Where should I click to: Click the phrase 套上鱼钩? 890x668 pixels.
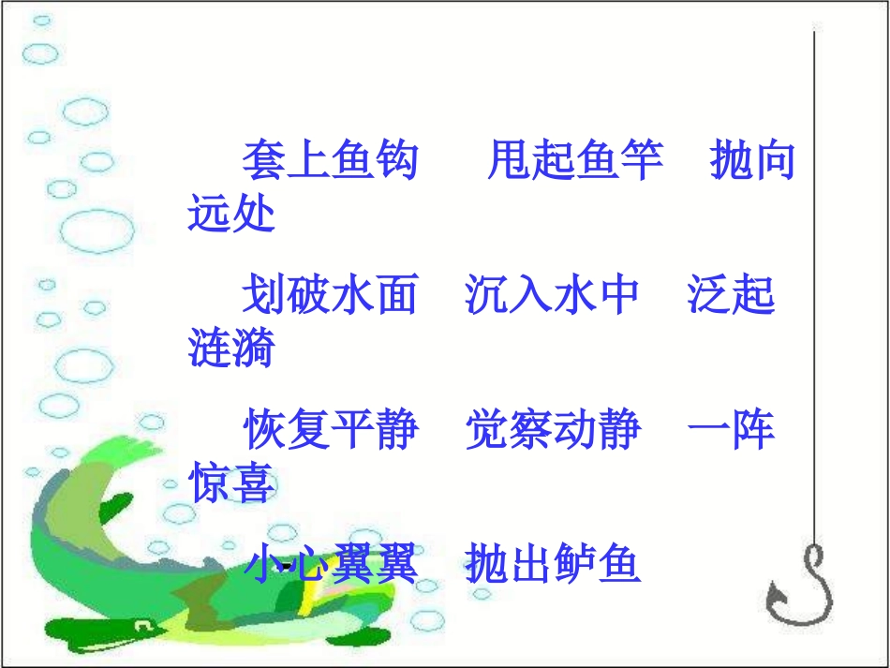[x=330, y=161]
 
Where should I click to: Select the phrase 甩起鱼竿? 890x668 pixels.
[x=575, y=161]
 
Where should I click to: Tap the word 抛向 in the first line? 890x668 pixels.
[x=752, y=161]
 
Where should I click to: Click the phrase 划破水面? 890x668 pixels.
[x=330, y=295]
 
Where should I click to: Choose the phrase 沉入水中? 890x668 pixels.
[x=553, y=295]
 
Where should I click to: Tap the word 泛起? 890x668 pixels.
[x=732, y=295]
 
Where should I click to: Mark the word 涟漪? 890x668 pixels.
[x=231, y=349]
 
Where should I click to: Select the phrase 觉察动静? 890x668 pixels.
[x=554, y=430]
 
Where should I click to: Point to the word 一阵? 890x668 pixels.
[x=732, y=430]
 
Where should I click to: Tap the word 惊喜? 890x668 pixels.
[x=231, y=483]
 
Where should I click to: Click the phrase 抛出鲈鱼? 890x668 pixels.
[x=554, y=564]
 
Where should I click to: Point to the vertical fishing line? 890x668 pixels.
[x=813, y=281]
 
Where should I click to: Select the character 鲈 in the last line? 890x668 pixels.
[x=575, y=564]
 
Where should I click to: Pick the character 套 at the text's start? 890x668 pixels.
[x=264, y=161]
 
